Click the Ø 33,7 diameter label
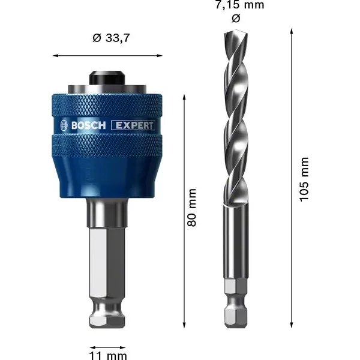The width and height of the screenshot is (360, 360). pos(108,39)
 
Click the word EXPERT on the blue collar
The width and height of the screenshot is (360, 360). pos(133,125)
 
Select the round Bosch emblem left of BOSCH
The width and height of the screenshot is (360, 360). pos(64,125)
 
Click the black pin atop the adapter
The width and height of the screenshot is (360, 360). pos(108,79)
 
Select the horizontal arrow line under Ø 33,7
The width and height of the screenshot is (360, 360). pos(108,56)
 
